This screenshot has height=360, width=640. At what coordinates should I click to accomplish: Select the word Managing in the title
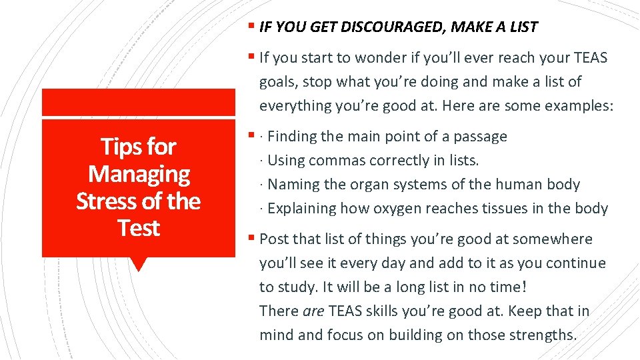139,174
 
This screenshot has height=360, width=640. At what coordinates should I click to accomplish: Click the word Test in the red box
139,228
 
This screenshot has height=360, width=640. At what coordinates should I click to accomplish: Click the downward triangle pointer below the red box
139,264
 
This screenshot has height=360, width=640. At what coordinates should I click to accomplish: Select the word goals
277,82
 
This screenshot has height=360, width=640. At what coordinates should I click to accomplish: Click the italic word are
313,311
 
